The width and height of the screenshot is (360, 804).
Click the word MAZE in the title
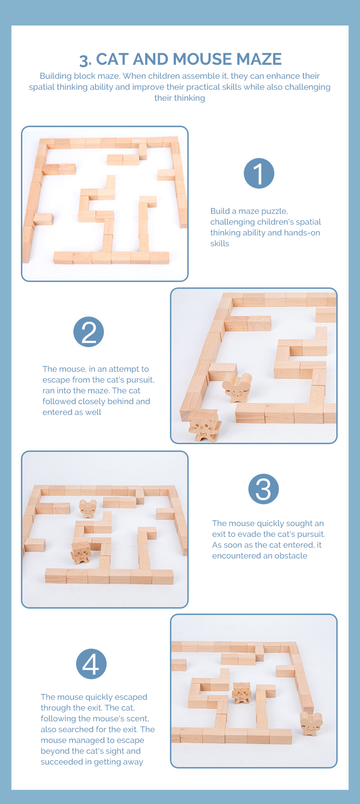pos(259,59)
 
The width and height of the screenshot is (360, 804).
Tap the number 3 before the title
pos(84,60)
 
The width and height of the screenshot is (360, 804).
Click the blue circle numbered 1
pos(259,173)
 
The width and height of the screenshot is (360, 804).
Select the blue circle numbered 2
pos(89,332)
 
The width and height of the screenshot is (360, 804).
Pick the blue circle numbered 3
pos(264,489)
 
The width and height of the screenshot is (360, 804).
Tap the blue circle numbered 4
pos(91,664)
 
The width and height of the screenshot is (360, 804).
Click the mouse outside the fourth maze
pos(311,724)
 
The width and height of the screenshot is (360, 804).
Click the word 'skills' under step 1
pos(220,243)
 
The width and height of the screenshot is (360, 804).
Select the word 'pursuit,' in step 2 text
pos(140,380)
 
